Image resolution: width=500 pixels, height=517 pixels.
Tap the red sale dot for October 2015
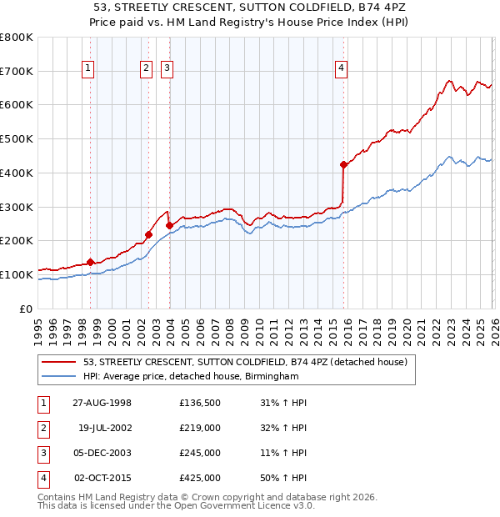point(343,165)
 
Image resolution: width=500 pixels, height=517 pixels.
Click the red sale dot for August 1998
point(91,262)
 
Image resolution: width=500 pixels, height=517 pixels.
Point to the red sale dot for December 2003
point(169,225)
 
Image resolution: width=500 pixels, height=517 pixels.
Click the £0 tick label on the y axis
point(27,309)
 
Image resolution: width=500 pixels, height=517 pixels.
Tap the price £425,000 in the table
point(200,478)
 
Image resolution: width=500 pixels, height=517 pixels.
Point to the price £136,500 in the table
point(200,403)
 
